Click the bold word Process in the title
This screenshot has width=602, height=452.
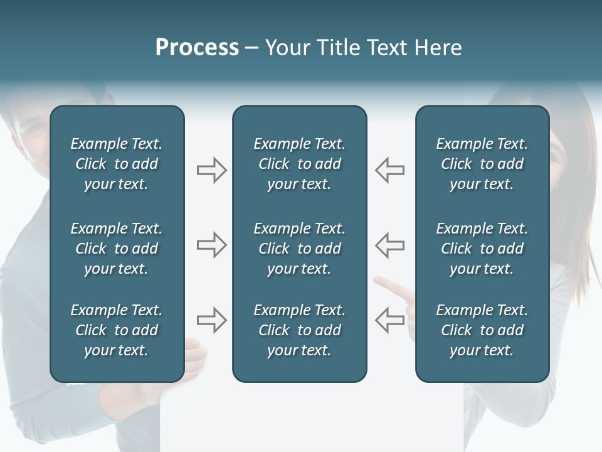pyautogui.click(x=197, y=48)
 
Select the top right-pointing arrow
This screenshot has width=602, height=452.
pyautogui.click(x=211, y=170)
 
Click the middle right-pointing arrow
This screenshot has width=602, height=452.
pyautogui.click(x=211, y=245)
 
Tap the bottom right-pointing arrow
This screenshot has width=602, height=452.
pyautogui.click(x=211, y=320)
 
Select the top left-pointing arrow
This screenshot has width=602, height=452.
pyautogui.click(x=390, y=170)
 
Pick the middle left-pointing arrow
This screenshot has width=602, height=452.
pyautogui.click(x=390, y=245)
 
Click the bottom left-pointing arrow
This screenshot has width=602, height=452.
pyautogui.click(x=390, y=320)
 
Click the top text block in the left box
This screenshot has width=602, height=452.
pyautogui.click(x=117, y=164)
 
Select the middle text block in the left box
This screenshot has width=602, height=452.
pyautogui.click(x=117, y=249)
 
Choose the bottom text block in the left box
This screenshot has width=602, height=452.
pyautogui.click(x=117, y=330)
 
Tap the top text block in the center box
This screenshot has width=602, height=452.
pyautogui.click(x=299, y=164)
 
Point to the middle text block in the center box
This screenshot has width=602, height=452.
pyautogui.click(x=299, y=249)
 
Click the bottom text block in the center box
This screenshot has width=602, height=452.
pyautogui.click(x=299, y=330)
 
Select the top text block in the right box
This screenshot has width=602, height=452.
pyautogui.click(x=482, y=164)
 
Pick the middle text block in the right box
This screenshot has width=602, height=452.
pyautogui.click(x=482, y=249)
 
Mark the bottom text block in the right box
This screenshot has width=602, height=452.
pyautogui.click(x=482, y=330)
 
